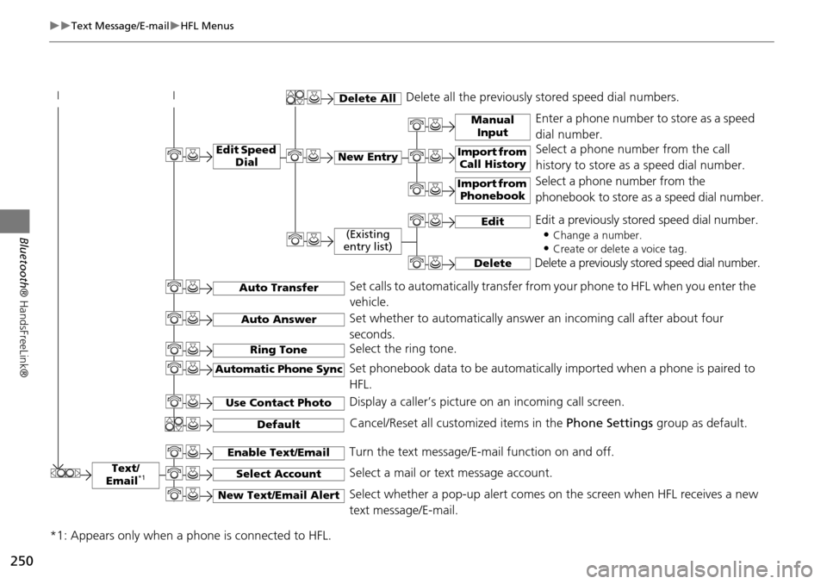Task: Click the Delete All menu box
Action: pos(368,98)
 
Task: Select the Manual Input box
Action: pos(492,126)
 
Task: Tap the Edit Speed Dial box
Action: pos(246,156)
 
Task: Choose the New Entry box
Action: pos(368,157)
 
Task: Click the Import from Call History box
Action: pos(492,158)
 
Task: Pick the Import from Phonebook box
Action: pos(492,189)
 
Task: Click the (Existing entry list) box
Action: pos(368,240)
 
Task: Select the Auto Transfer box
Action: pos(278,288)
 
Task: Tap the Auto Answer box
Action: pos(278,320)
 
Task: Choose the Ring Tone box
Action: pos(278,350)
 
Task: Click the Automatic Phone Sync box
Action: pos(278,370)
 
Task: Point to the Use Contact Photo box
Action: pos(278,402)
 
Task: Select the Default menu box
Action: pos(278,424)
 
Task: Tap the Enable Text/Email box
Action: pos(278,452)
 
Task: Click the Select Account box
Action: pos(278,474)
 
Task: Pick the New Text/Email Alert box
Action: pos(278,495)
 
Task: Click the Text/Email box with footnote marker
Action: pos(125,475)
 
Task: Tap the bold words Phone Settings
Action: pos(601,424)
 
